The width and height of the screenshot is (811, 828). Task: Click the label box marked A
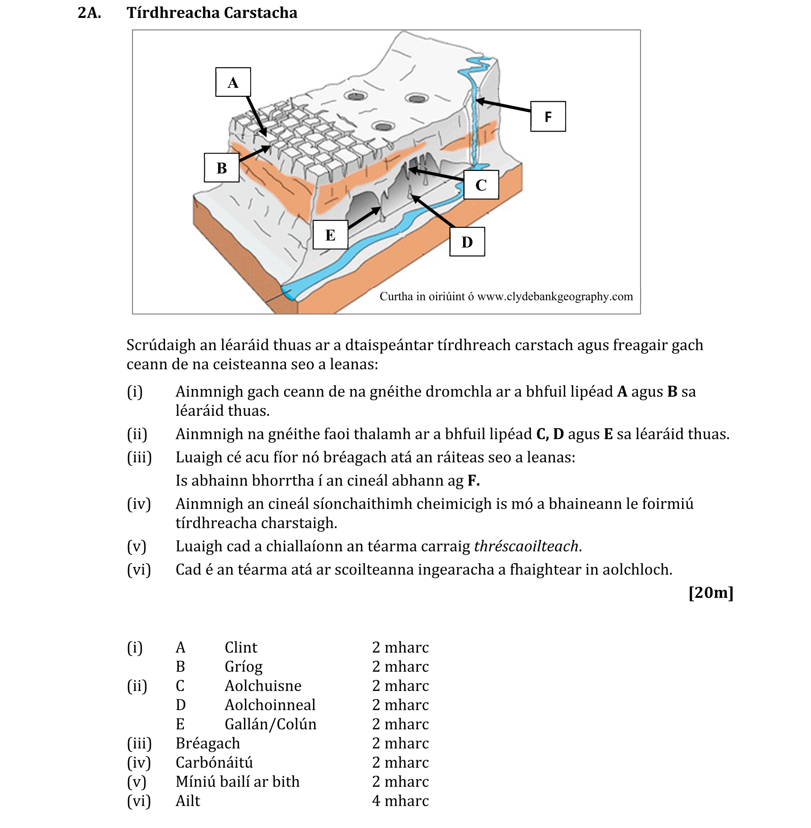click(x=233, y=82)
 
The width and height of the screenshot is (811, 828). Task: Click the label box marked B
click(x=222, y=168)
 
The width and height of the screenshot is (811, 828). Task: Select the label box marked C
click(x=481, y=185)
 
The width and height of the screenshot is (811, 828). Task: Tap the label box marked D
click(x=467, y=242)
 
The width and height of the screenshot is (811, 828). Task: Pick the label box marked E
click(x=330, y=235)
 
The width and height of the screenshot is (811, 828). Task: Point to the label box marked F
click(x=548, y=116)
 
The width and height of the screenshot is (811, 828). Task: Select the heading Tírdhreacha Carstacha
click(x=212, y=12)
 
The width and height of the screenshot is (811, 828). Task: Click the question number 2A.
click(x=89, y=12)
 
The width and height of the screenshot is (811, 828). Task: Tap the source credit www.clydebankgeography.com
click(x=555, y=297)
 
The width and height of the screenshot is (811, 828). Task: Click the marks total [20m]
click(x=711, y=592)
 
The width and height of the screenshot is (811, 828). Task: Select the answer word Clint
click(x=241, y=647)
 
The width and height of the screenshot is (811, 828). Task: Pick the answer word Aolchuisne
click(x=263, y=686)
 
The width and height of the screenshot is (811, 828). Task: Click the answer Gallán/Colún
click(x=270, y=724)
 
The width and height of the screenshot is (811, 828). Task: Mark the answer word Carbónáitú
click(x=214, y=762)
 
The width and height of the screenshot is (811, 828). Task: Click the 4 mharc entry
click(x=400, y=801)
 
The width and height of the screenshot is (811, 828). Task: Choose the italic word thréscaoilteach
click(x=526, y=546)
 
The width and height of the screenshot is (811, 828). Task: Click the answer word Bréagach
click(x=208, y=743)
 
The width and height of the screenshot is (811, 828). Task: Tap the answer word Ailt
click(x=188, y=801)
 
